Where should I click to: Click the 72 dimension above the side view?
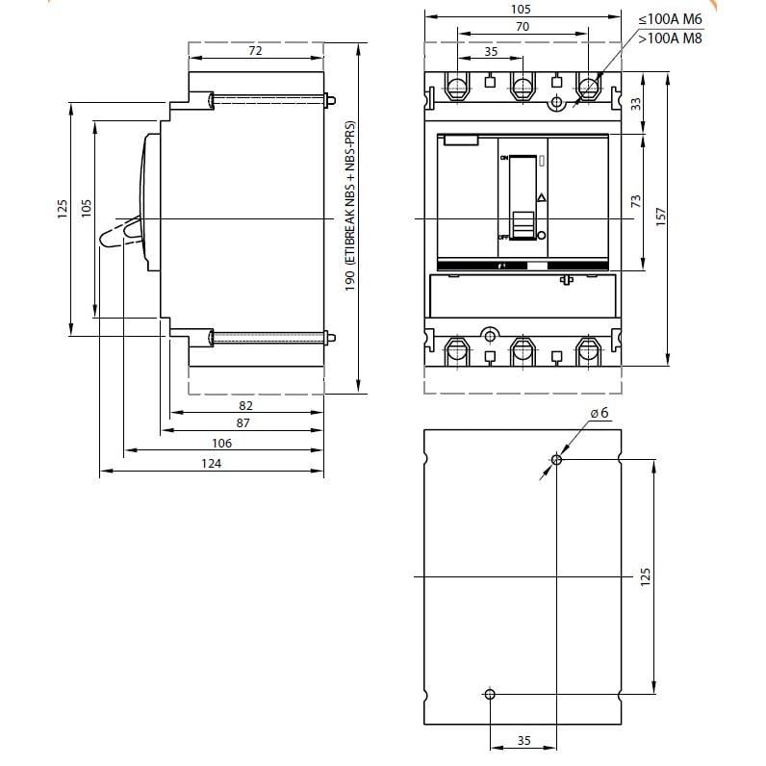point(255,51)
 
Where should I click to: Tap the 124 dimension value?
point(212,464)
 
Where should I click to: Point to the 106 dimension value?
point(221,443)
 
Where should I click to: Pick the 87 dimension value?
point(243,422)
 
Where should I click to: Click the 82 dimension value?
point(245,406)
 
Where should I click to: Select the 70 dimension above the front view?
point(522,28)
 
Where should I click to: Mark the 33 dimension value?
point(636,104)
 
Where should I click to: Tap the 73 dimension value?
point(636,201)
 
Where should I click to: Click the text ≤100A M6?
point(671,19)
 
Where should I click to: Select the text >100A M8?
point(671,38)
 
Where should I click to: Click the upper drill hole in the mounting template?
point(556,460)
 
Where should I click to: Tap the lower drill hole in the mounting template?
point(490,694)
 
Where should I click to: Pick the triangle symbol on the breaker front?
point(541,197)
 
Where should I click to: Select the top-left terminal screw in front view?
point(457,89)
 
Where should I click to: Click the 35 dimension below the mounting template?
point(523,740)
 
